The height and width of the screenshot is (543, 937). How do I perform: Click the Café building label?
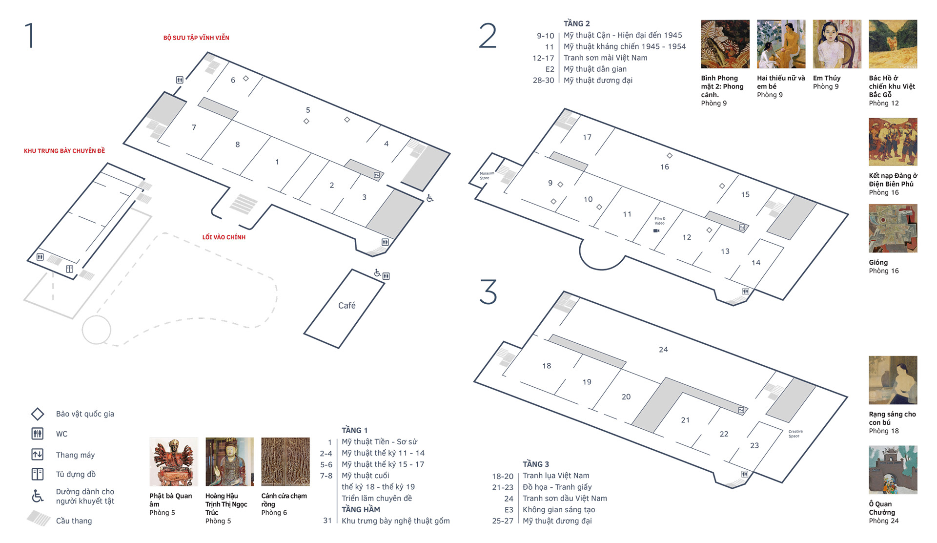pos(346,305)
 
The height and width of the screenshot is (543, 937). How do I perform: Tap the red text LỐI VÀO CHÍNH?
pos(224,237)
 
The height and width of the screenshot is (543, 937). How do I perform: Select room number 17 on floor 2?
pos(587,137)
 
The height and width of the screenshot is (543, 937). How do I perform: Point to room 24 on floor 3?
pos(663,350)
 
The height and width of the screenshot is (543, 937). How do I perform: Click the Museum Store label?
pos(487,176)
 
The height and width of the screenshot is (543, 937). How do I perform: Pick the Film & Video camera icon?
pos(656,230)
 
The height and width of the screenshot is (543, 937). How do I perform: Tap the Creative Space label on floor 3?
pos(795,434)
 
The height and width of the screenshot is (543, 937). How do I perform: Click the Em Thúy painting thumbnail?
pos(837,44)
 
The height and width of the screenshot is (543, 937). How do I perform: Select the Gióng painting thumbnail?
pos(893,229)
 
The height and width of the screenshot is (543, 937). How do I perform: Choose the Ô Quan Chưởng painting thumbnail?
pos(893,470)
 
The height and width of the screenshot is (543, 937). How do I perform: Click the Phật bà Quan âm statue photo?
pos(174,461)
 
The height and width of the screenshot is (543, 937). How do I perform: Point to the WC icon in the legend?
pos(38,434)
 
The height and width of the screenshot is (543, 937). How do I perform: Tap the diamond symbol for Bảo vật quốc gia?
pos(38,414)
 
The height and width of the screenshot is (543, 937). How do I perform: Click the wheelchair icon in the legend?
pos(38,496)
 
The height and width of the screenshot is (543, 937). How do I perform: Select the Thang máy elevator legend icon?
pos(38,455)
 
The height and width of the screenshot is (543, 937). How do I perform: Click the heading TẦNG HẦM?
pos(361,509)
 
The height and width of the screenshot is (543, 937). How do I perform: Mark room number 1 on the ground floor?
pos(277,162)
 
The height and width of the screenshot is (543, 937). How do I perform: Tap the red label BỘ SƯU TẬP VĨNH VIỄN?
pos(196,38)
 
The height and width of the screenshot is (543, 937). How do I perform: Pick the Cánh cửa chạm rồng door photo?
pos(285,461)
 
